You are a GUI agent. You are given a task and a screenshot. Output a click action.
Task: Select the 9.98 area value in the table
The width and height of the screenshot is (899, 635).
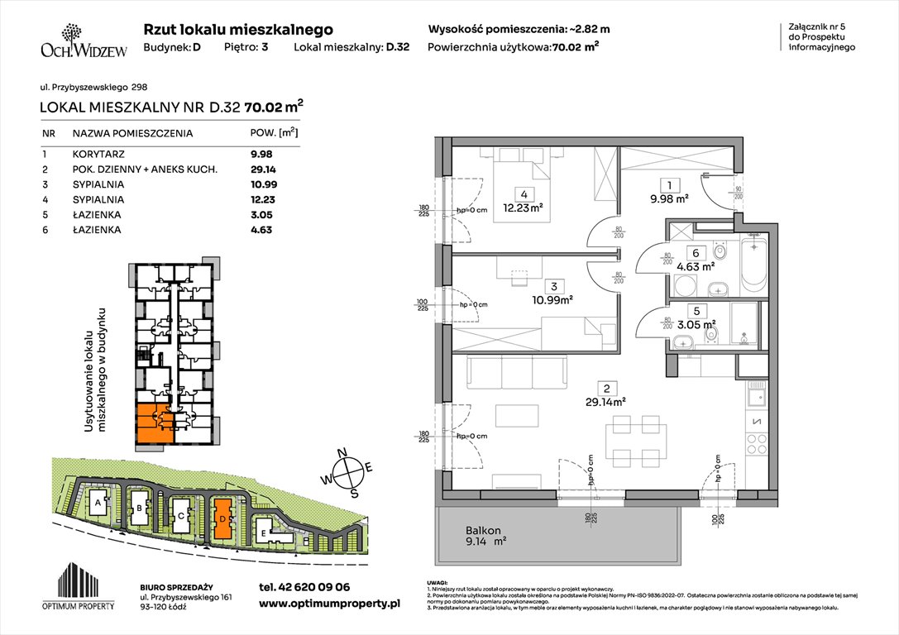tap(261, 153)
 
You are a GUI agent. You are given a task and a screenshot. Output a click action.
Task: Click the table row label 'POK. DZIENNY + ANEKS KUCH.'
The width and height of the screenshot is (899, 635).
tap(144, 169)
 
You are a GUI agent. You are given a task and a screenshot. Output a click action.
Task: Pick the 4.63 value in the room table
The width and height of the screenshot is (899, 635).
tap(261, 230)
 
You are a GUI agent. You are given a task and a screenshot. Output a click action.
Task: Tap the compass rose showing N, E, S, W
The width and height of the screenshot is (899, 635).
tap(351, 471)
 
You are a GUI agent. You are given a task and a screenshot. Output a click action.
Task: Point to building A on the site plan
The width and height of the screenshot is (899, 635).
tap(98, 503)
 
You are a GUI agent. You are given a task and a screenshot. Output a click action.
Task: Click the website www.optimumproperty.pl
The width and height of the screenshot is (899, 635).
tap(329, 604)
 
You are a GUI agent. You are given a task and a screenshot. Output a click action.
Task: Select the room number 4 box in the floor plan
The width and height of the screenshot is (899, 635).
tap(524, 195)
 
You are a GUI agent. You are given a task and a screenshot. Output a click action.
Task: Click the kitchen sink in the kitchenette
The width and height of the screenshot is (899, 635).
tap(757, 398)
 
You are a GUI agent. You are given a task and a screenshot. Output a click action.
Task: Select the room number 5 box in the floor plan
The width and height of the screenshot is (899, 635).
tap(696, 312)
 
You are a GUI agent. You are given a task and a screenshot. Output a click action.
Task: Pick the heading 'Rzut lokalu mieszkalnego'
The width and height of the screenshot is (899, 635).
tap(238, 29)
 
